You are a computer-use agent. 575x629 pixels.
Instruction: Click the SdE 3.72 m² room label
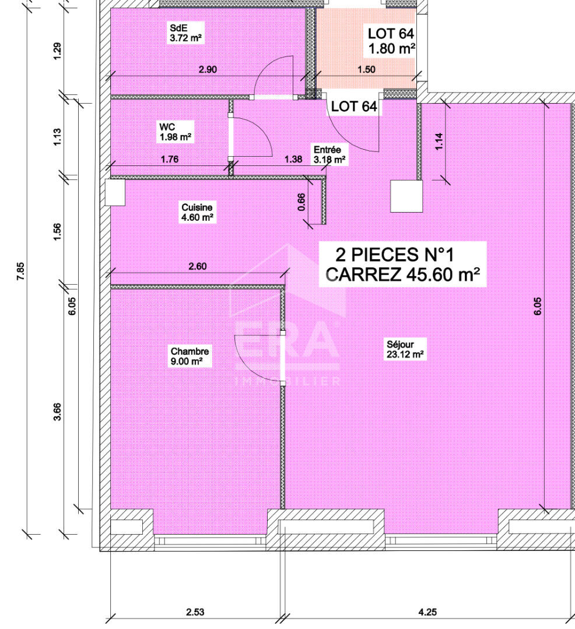(185, 33)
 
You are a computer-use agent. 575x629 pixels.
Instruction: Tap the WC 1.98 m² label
(176, 132)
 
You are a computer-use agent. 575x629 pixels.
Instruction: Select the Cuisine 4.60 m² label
(197, 213)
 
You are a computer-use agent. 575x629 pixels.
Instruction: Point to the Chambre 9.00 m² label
(190, 356)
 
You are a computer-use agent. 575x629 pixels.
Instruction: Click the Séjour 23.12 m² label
(405, 349)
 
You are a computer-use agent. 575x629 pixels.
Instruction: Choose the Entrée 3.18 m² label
(329, 155)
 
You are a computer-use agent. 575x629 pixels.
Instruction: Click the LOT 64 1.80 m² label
(391, 41)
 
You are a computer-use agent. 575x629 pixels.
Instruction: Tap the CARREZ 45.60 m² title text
(403, 275)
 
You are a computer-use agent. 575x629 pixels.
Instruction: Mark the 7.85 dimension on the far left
(20, 271)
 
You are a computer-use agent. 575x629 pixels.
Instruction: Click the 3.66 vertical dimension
(57, 411)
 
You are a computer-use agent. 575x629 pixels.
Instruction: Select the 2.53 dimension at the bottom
(195, 612)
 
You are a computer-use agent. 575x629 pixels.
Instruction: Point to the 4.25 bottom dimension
(427, 612)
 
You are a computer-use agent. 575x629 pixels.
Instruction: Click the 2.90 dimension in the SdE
(208, 69)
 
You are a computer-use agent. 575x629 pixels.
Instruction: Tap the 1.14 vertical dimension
(439, 141)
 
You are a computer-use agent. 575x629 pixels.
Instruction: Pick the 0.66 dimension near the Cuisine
(301, 202)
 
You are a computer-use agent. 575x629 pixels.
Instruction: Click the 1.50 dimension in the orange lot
(367, 69)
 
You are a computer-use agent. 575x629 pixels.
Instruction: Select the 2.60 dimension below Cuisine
(198, 266)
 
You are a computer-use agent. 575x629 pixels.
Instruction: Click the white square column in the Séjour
(406, 196)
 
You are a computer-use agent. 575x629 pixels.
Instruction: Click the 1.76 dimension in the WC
(170, 159)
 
